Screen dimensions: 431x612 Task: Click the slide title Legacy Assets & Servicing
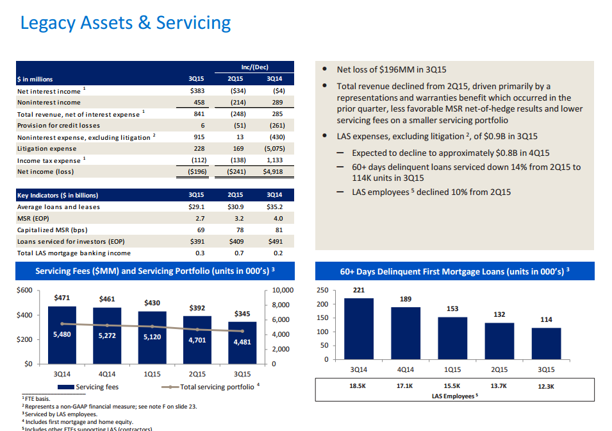(126, 23)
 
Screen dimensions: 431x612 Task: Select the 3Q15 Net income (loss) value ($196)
(196, 172)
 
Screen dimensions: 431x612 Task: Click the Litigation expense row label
(47, 149)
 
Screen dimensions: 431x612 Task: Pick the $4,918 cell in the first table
(274, 172)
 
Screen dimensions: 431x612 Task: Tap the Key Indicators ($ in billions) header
(58, 195)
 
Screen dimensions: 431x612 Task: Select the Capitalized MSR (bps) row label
(52, 230)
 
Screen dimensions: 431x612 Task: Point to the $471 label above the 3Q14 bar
(62, 298)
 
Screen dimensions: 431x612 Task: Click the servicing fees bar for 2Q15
(197, 340)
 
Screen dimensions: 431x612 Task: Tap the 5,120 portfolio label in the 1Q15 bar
(152, 337)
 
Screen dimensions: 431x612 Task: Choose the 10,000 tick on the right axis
(283, 291)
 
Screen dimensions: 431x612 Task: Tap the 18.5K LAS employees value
(358, 387)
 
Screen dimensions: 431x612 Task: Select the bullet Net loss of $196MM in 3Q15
(391, 69)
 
